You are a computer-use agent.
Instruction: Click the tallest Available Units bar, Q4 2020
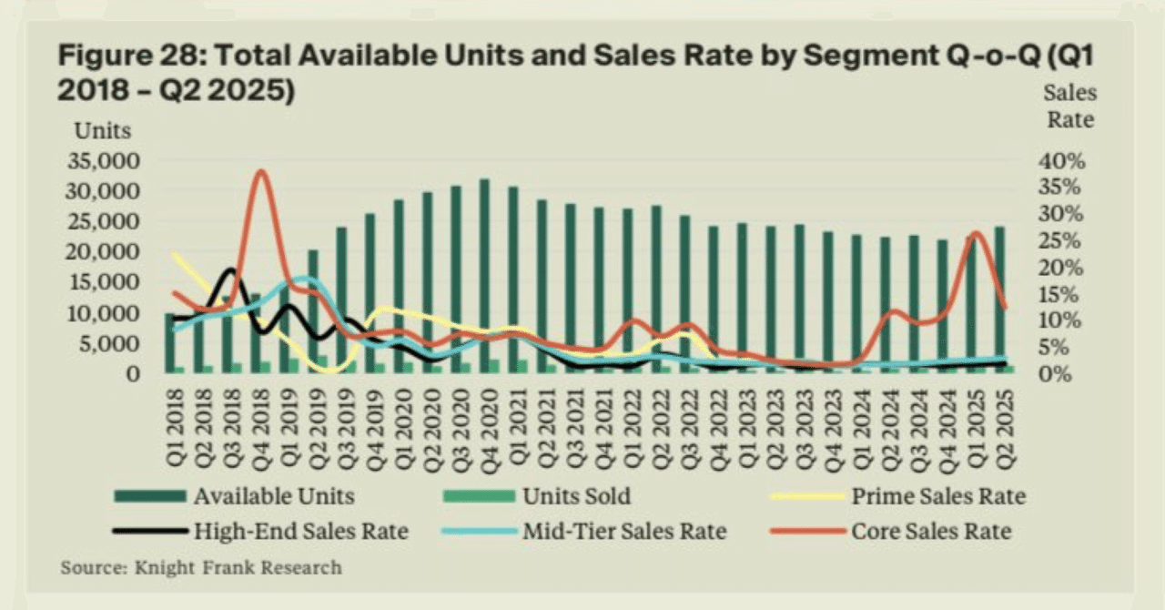pos(484,273)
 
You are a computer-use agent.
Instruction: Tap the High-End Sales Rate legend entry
pos(300,531)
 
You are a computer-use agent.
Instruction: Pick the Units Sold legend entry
pos(576,496)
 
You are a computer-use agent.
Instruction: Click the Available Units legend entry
pos(273,496)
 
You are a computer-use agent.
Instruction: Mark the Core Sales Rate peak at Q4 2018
pos(261,171)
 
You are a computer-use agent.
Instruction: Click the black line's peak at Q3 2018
pos(230,270)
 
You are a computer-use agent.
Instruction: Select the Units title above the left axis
pos(102,130)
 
